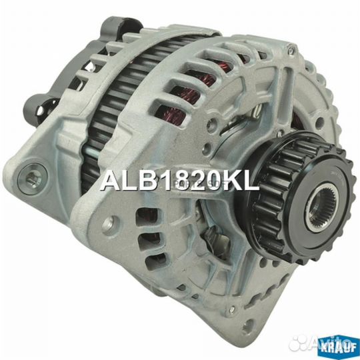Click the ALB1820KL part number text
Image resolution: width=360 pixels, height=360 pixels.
tap(179, 180)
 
